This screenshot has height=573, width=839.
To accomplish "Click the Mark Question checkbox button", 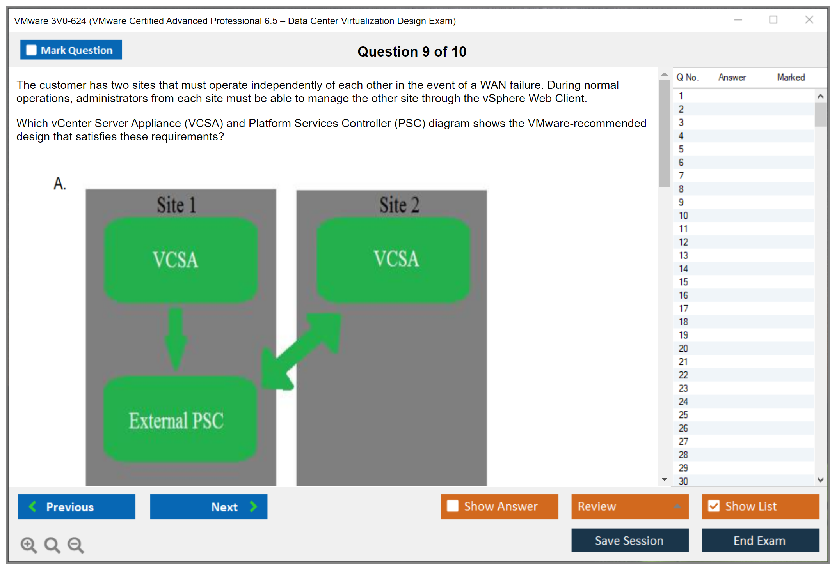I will tap(71, 50).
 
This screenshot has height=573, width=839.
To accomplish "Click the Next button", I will tap(208, 506).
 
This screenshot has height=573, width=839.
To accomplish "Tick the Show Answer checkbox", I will tap(453, 506).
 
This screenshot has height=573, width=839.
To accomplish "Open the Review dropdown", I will tap(629, 506).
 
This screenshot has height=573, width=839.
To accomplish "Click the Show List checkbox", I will tap(714, 506).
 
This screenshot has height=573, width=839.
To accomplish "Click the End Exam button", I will tap(760, 540).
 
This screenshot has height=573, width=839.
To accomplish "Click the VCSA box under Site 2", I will tap(394, 260).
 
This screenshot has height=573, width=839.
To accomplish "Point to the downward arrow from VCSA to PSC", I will tap(176, 339).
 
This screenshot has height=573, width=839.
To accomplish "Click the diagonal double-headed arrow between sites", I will tap(300, 351).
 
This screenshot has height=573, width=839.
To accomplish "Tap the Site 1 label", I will tap(176, 205).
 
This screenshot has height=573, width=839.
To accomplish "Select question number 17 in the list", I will tap(683, 309).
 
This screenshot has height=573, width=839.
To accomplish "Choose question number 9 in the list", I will tap(681, 202).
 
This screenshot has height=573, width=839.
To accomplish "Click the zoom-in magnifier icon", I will tap(28, 545).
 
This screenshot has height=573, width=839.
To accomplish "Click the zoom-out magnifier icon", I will tap(76, 545).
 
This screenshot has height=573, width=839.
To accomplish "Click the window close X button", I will tap(809, 20).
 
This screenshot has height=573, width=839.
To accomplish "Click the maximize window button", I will tap(773, 20).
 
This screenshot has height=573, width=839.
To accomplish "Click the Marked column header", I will tap(791, 77).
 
